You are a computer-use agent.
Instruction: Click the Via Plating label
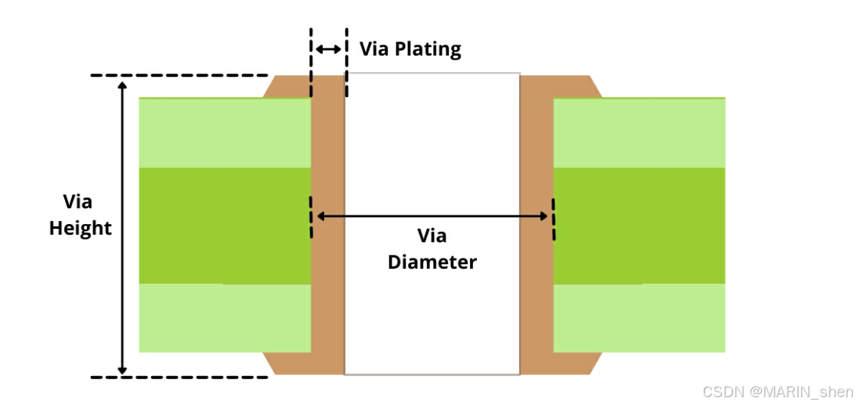click(x=410, y=49)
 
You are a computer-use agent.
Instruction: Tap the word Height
click(x=80, y=229)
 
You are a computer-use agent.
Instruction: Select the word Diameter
click(x=432, y=262)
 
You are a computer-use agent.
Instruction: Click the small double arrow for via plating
click(x=328, y=49)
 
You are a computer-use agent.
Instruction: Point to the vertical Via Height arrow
click(x=122, y=226)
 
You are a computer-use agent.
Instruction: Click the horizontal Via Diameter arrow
click(x=432, y=215)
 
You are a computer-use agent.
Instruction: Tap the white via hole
click(x=432, y=141)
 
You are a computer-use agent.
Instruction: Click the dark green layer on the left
click(x=225, y=226)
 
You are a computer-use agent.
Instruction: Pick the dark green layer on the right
click(x=639, y=226)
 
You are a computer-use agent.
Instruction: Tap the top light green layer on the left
click(x=225, y=132)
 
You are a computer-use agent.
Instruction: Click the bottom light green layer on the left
click(x=225, y=317)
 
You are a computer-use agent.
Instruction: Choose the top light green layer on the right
click(x=639, y=132)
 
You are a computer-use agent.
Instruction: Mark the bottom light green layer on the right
click(x=639, y=317)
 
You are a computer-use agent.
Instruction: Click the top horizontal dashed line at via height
click(x=179, y=76)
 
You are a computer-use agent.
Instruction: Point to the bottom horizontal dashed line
click(x=179, y=377)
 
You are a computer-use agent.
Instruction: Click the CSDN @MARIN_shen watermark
click(x=777, y=392)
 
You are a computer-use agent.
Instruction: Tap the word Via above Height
click(x=78, y=202)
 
